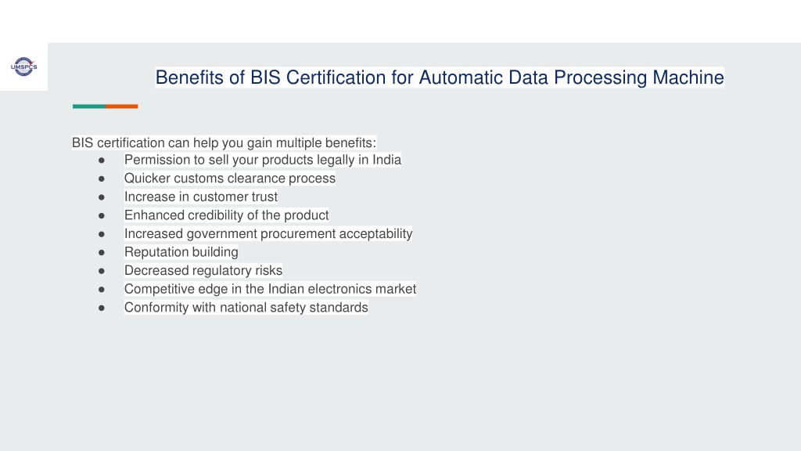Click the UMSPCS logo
(24, 67)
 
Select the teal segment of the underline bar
(89, 106)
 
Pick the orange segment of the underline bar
(122, 106)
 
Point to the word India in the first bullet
(386, 160)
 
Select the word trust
(264, 197)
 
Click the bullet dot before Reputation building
(102, 253)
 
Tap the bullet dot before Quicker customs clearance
(102, 179)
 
